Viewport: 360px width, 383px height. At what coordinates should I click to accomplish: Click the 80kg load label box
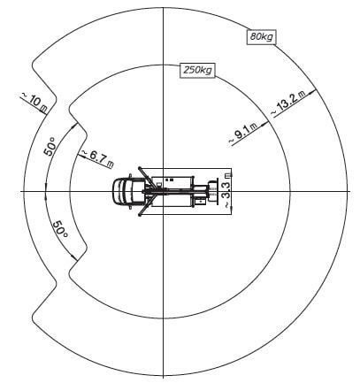261,37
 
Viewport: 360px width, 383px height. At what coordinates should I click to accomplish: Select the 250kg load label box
197,71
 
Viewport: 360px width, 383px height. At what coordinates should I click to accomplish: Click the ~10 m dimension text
34,103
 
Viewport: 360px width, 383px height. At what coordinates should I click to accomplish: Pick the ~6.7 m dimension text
97,159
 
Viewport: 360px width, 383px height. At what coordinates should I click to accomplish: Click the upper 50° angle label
50,146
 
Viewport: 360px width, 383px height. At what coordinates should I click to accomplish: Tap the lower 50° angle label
61,228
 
